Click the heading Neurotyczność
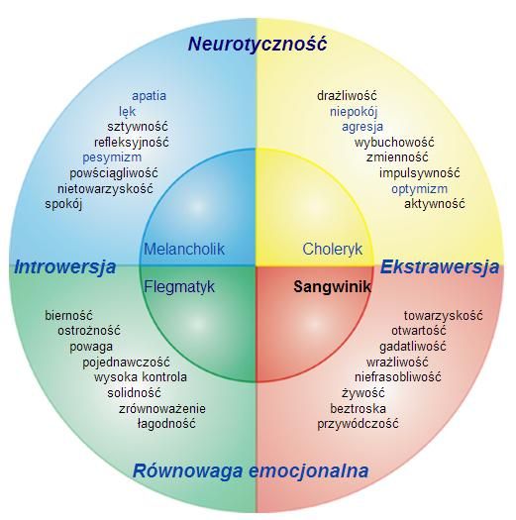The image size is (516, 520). point(258,44)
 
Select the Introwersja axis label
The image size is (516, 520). point(65,267)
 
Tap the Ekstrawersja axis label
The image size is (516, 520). point(440,266)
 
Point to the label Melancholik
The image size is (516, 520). point(184,249)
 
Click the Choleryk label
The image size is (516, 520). point(333,249)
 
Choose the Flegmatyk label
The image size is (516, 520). point(179,286)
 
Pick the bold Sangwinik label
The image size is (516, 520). point(333,286)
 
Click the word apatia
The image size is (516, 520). point(149,96)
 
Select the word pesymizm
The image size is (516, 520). point(112,157)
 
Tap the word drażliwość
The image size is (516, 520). point(347,96)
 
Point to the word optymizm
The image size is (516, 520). point(420,189)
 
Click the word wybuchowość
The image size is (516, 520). point(394,143)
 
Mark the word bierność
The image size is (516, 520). point(68,315)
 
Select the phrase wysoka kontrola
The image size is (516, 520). point(141,377)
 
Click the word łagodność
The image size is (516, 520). point(166,424)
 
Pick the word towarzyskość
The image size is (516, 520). point(444,315)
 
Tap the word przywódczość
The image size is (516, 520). point(358,424)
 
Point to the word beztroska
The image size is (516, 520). point(358,408)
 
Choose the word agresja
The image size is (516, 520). point(362,127)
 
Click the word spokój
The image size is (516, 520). point(63,204)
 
